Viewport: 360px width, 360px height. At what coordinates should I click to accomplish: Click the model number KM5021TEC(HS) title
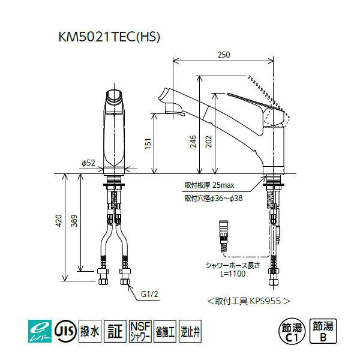[109, 37]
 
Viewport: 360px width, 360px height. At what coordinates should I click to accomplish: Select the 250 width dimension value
[224, 55]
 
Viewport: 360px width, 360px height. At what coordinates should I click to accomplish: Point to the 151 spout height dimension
[148, 143]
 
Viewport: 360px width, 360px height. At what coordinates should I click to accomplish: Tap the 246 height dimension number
[193, 142]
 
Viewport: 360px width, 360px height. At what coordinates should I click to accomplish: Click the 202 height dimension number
[208, 142]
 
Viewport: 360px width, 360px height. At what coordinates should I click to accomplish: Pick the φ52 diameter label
[88, 163]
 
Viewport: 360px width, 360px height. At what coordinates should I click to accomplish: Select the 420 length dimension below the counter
[59, 220]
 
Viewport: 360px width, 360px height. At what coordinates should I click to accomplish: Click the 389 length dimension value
[74, 220]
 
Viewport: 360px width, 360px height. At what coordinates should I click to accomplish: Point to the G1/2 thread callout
[149, 294]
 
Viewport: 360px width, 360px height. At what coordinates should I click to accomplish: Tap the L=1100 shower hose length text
[233, 274]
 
